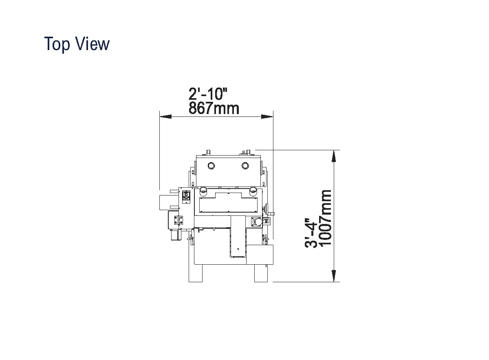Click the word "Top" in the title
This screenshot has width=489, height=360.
pyautogui.click(x=57, y=44)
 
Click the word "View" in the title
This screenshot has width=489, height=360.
pyautogui.click(x=93, y=44)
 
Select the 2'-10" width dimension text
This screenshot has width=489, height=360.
pyautogui.click(x=208, y=94)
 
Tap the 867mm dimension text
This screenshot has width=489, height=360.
pyautogui.click(x=214, y=108)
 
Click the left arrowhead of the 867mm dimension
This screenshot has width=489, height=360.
pyautogui.click(x=165, y=117)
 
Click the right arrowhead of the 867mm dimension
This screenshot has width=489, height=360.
pyautogui.click(x=267, y=117)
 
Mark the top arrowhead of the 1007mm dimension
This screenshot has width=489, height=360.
pyautogui.click(x=334, y=156)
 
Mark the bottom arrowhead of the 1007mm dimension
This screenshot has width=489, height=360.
pyautogui.click(x=334, y=276)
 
